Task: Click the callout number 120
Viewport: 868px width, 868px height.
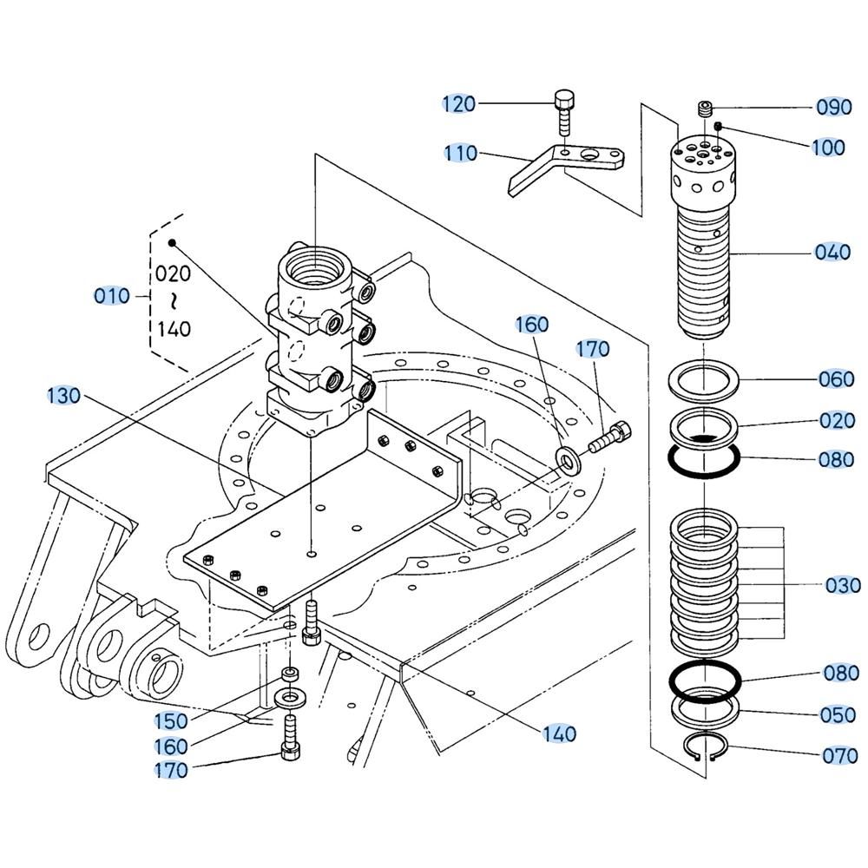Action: point(458,104)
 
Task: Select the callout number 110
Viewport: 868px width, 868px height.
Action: point(460,154)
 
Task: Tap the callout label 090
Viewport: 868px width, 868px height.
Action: point(834,108)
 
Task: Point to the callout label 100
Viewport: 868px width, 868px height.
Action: point(828,148)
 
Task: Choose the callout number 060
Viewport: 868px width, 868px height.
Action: point(837,379)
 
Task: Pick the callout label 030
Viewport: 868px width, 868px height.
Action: point(843,586)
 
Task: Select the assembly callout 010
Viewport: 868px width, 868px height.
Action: point(111,296)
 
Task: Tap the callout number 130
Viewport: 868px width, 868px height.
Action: point(63,396)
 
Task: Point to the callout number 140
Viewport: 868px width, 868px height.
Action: point(559,734)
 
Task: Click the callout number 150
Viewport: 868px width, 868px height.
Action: point(171,720)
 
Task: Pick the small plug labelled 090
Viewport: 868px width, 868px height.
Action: point(706,108)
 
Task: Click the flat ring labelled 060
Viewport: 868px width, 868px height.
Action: point(704,379)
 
